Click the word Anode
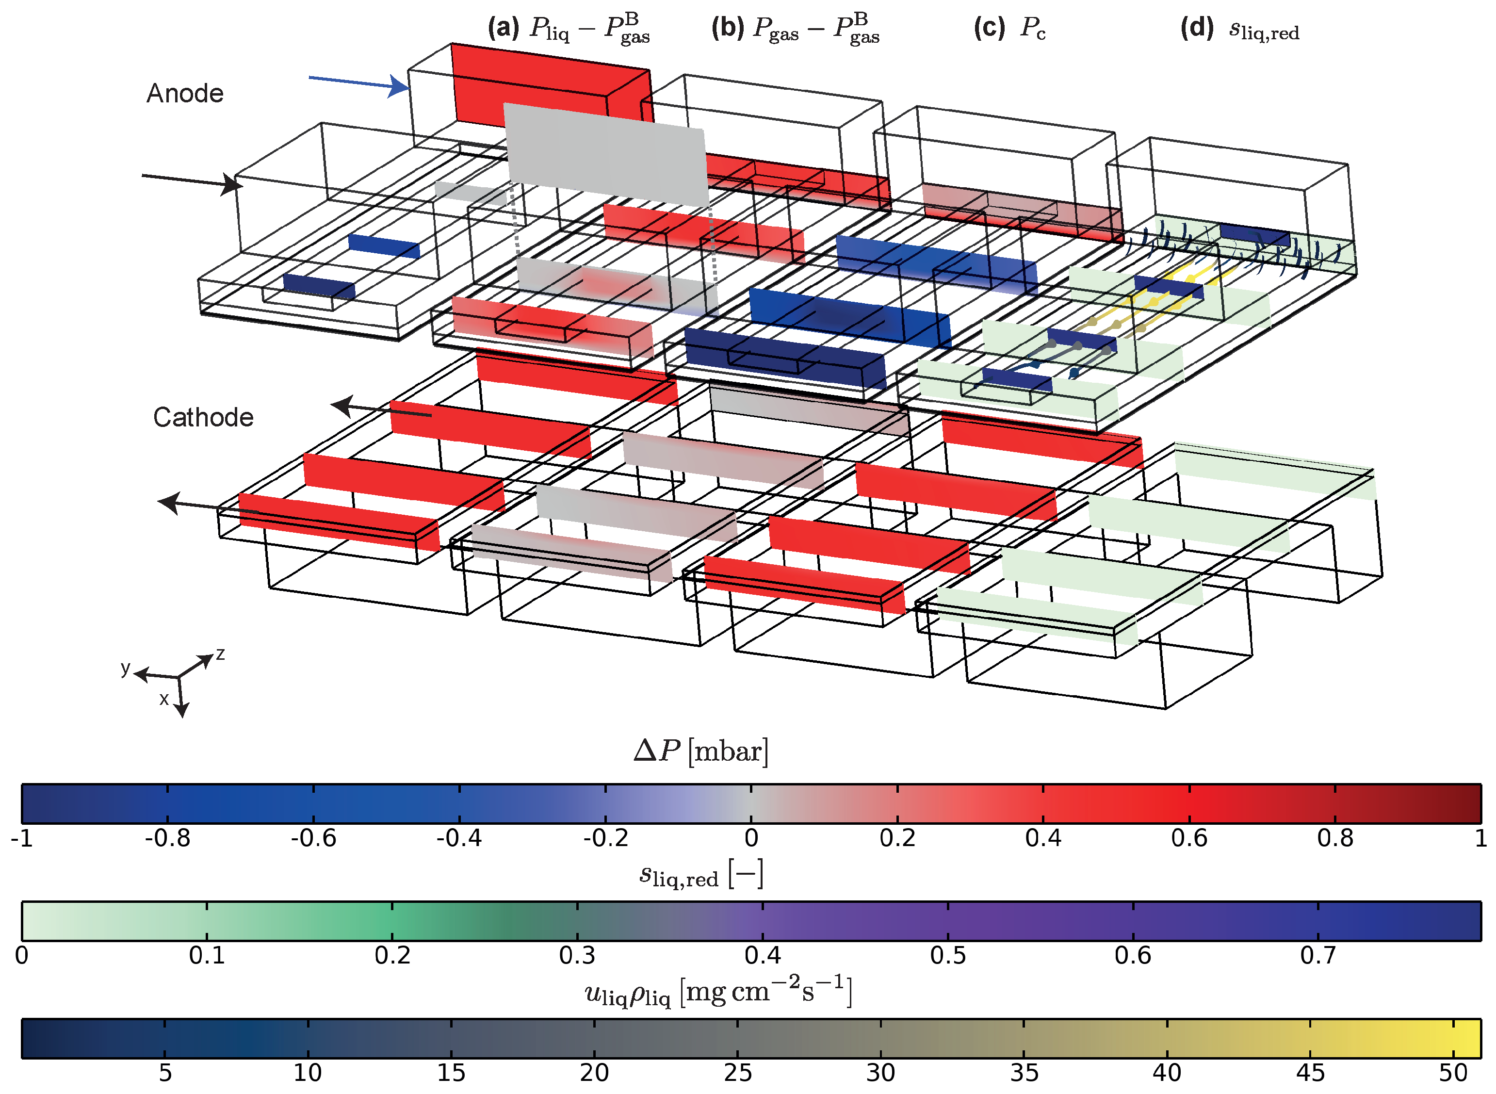(x=185, y=93)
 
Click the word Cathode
(x=203, y=417)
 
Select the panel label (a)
(x=503, y=29)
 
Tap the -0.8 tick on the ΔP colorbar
(x=167, y=838)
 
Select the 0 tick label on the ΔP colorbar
(x=750, y=838)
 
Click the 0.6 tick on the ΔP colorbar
(x=1189, y=838)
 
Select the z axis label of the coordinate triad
(x=220, y=654)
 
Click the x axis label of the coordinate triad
(x=163, y=699)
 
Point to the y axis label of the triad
(x=125, y=668)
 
